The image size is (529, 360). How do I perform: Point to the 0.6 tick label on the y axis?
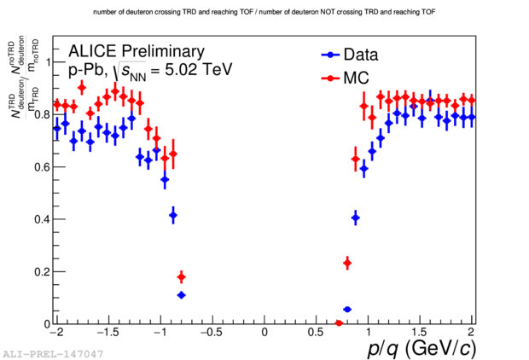42,166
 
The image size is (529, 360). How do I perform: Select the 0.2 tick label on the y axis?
42,272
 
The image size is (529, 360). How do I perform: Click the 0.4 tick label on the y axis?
42,219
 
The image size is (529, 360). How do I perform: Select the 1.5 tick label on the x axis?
420,332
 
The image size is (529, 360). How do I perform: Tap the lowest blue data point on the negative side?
181,295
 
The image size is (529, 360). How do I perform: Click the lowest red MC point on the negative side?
181,277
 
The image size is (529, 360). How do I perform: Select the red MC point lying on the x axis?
339,323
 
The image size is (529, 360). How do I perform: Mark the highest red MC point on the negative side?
82,87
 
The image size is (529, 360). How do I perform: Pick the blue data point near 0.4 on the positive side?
355,218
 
